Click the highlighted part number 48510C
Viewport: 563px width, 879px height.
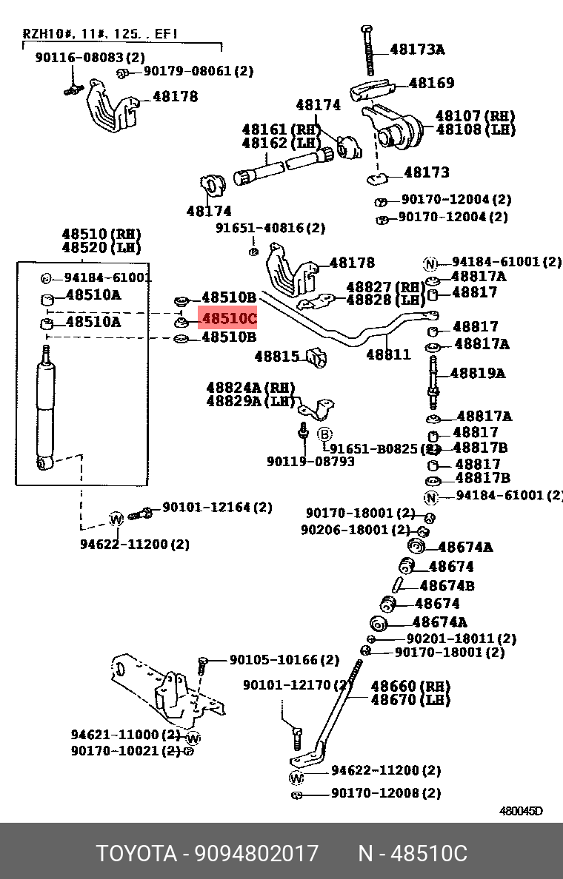[228, 320]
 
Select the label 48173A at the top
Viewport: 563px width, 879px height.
[417, 50]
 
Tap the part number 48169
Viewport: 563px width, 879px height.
[431, 83]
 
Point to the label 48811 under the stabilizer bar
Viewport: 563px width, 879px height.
[388, 355]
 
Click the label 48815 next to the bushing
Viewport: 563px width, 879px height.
[276, 357]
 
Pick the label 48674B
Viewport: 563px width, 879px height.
[447, 586]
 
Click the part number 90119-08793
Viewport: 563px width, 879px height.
[310, 462]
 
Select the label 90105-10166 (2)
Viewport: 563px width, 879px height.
[284, 659]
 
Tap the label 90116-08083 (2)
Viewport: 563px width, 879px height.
[90, 57]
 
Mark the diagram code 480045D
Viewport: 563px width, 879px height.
[520, 811]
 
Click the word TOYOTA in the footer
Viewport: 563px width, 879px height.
[136, 854]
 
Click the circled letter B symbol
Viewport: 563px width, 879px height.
[325, 434]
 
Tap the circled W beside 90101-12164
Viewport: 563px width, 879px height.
[116, 519]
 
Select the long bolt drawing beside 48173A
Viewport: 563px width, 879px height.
[368, 53]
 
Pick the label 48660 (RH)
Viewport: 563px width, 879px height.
[410, 686]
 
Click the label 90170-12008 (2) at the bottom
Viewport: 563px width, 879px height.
[385, 793]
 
